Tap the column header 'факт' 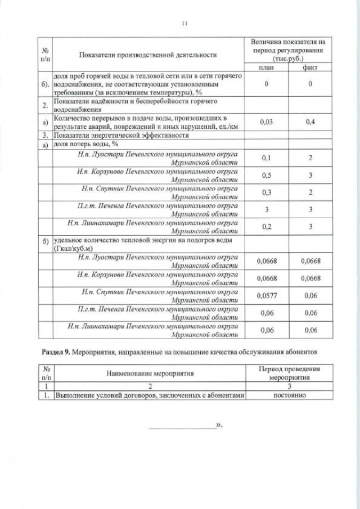[x=310, y=67]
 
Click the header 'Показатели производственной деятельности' [x=148, y=55]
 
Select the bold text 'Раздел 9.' [x=56, y=352]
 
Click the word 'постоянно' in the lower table [x=289, y=395]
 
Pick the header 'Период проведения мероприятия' [x=289, y=373]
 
